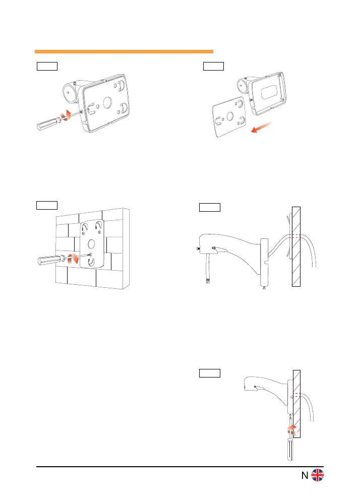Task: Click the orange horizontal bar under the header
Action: pos(124,51)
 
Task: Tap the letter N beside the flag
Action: pos(305,476)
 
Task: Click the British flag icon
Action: pos(317,476)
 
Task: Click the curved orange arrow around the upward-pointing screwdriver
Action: pos(290,429)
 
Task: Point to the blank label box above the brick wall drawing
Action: pos(46,205)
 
